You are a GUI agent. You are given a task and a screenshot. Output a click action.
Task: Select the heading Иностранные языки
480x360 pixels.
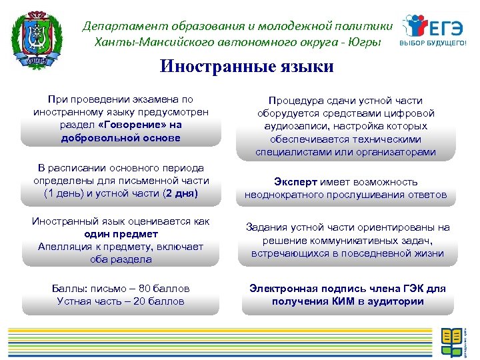pyautogui.click(x=246, y=68)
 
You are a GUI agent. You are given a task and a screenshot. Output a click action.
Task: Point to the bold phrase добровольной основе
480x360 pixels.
pyautogui.click(x=121, y=137)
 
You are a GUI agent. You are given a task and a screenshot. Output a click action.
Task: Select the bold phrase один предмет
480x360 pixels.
pyautogui.click(x=121, y=234)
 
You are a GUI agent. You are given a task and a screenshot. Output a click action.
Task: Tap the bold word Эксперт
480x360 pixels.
pyautogui.click(x=295, y=182)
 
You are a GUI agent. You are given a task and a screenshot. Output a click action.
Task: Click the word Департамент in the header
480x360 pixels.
pyautogui.click(x=118, y=26)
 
